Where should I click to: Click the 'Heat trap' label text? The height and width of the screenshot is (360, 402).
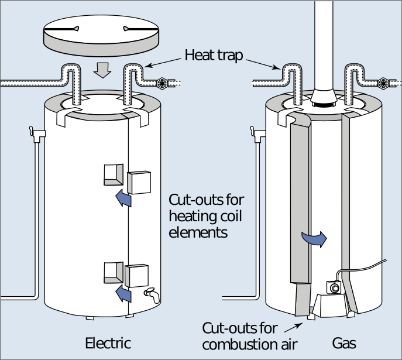point(214,56)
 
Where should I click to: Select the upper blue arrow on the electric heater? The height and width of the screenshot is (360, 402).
point(123,199)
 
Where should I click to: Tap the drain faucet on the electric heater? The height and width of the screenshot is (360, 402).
point(152,294)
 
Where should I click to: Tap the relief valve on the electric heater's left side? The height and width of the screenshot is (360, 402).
point(37,134)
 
